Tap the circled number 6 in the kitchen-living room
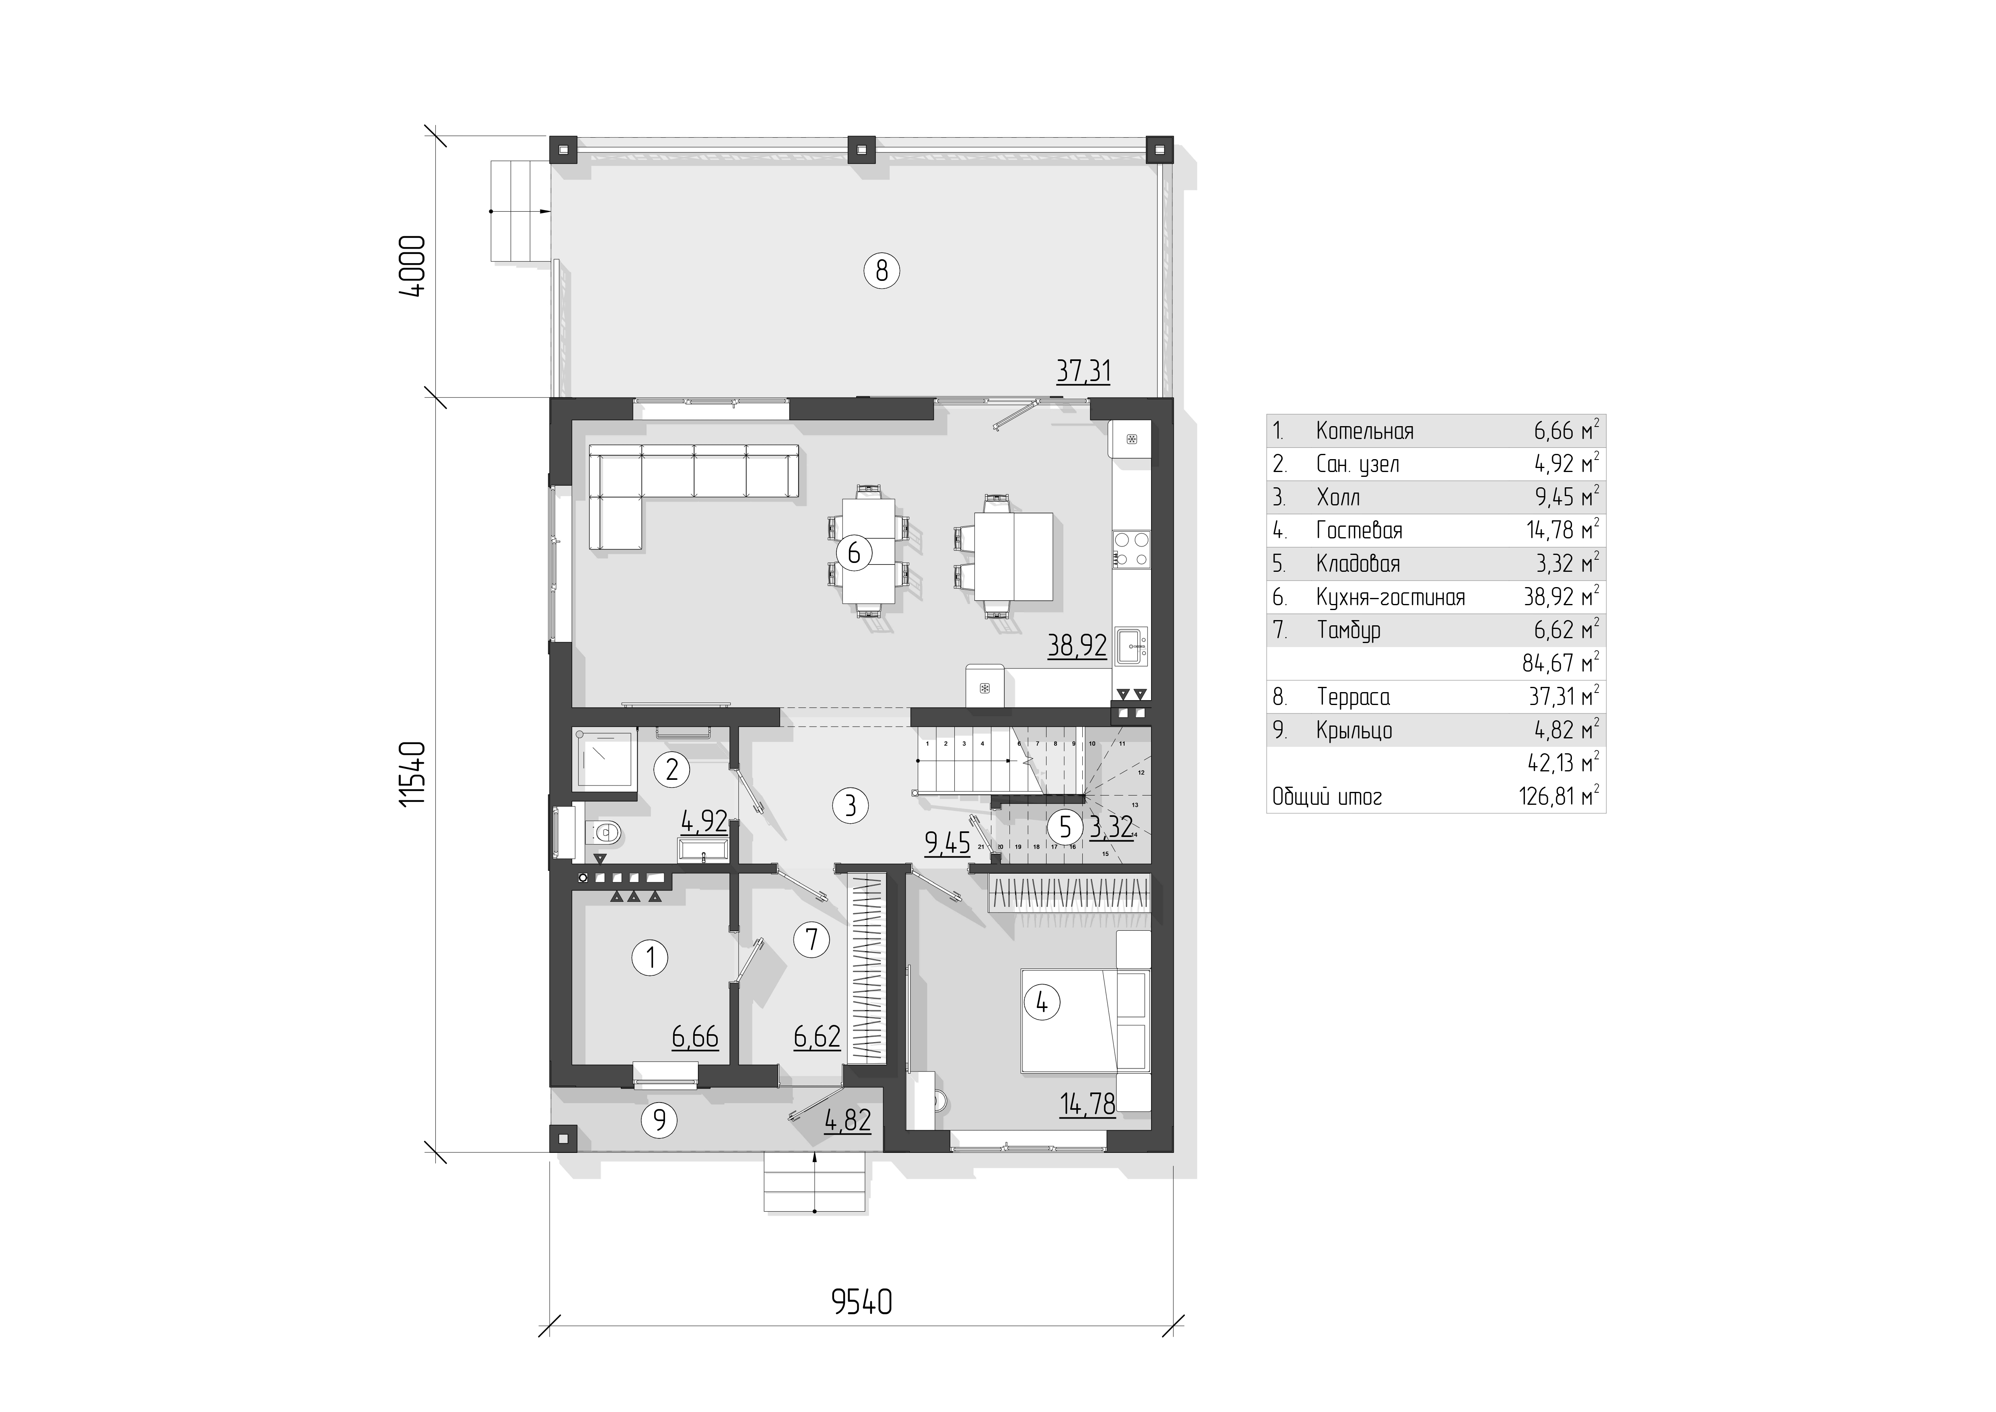click(x=854, y=553)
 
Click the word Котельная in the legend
click(x=1365, y=431)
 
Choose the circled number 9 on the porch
click(x=659, y=1119)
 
